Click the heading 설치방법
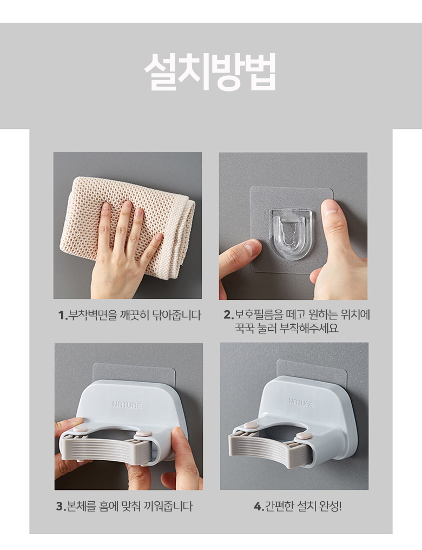210,71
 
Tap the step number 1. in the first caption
63,316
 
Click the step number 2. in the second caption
229,315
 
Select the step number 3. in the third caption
61,507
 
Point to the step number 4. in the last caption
259,507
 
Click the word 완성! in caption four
331,506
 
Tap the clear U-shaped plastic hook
291,234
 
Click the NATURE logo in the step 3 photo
127,404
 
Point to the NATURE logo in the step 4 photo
301,402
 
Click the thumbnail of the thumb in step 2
330,207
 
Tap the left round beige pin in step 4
251,426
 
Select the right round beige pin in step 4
304,436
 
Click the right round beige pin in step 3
144,434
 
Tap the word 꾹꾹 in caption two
245,328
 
